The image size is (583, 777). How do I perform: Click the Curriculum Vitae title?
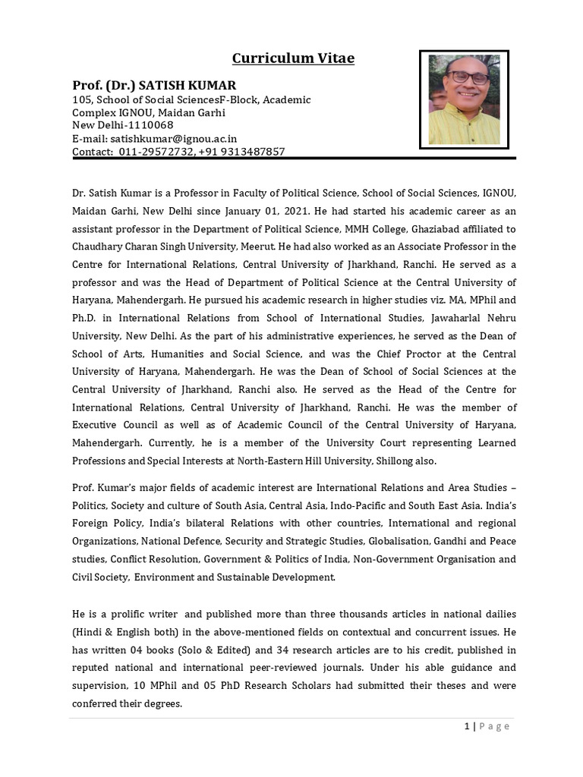click(293, 58)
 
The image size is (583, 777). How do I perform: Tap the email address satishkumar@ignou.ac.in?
click(174, 139)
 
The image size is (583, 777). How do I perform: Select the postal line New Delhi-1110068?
click(123, 125)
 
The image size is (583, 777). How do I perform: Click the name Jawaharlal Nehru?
click(474, 318)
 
